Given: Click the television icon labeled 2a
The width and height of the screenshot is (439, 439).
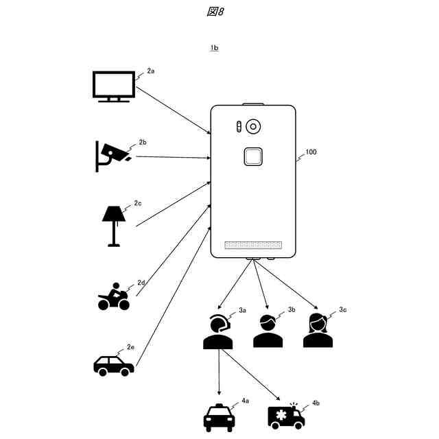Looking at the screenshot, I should [x=114, y=87].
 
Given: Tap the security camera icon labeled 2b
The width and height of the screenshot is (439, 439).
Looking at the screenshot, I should [x=111, y=155].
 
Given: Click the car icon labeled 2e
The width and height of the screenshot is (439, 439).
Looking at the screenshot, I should [x=113, y=365].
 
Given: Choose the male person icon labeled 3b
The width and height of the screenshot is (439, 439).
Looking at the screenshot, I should [x=268, y=332].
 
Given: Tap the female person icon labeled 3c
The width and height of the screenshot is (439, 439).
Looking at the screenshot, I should [x=318, y=331].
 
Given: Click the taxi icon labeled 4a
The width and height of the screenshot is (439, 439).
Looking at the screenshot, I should [x=219, y=416].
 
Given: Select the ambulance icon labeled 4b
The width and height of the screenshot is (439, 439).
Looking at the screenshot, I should [x=286, y=416].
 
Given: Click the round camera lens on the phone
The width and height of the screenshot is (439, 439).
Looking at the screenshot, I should [x=254, y=127].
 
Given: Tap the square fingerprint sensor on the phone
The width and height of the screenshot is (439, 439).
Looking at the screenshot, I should [x=253, y=158].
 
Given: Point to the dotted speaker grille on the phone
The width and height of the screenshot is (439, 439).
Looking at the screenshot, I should [x=253, y=245].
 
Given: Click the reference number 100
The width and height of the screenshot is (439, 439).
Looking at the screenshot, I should [x=311, y=152].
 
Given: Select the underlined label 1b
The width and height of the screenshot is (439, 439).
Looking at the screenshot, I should [x=215, y=48].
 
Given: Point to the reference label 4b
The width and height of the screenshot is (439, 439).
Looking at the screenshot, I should [x=315, y=403].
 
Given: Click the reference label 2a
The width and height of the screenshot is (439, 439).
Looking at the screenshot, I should [x=151, y=71].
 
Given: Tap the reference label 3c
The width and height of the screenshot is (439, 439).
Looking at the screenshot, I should [x=342, y=310].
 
